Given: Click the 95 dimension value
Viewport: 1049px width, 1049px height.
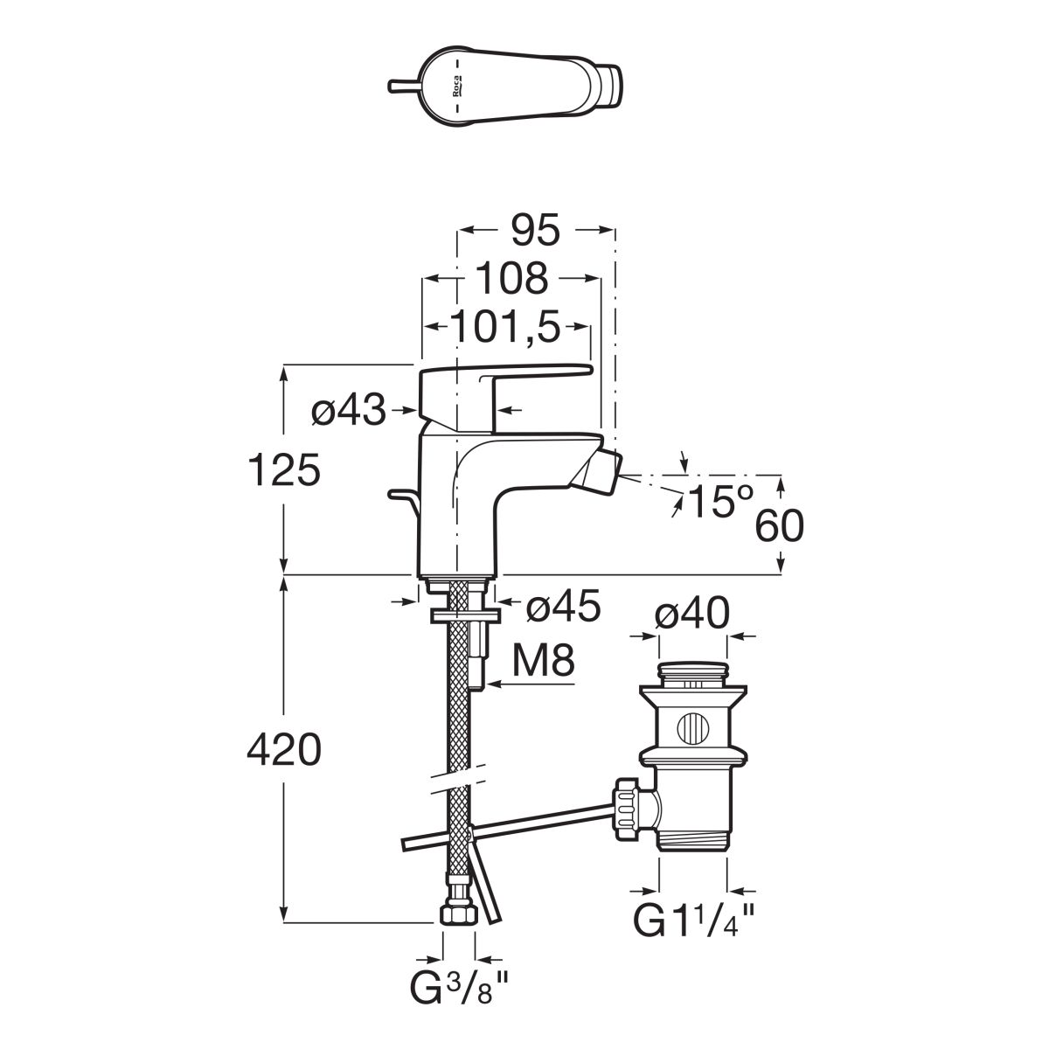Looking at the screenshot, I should click(x=536, y=231).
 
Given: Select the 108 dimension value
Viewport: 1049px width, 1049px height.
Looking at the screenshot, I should click(x=513, y=279).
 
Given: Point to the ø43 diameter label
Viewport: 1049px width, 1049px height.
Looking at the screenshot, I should click(x=348, y=411).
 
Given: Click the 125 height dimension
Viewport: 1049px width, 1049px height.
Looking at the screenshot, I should click(x=283, y=472).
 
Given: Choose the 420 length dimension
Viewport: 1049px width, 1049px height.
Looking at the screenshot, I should click(x=283, y=749).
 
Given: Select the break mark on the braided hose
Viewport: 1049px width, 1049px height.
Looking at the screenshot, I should click(x=457, y=779).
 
